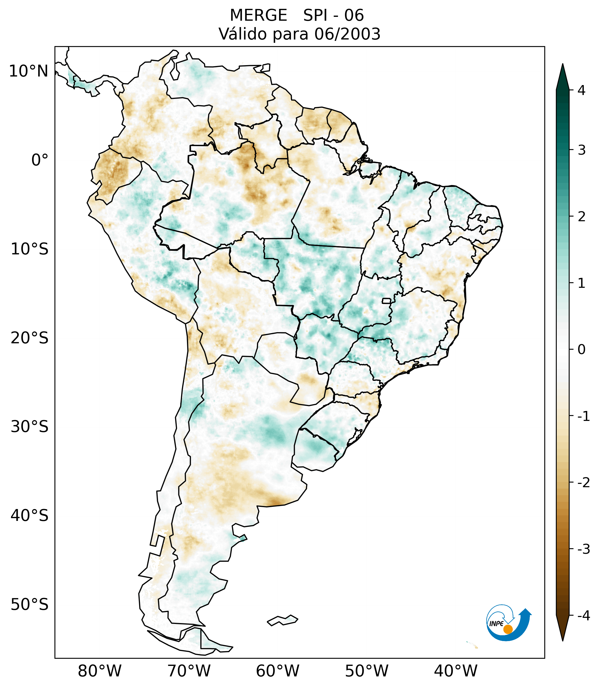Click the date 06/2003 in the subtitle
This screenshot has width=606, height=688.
tap(347, 34)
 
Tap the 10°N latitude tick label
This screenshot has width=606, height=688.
tap(29, 71)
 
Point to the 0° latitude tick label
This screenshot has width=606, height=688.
tap(40, 160)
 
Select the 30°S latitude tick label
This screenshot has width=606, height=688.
tap(30, 426)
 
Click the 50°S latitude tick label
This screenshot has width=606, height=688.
tap(30, 605)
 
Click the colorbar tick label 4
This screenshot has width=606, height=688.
tap(581, 90)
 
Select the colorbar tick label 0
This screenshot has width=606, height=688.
tap(581, 350)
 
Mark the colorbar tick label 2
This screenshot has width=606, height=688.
tap(581, 217)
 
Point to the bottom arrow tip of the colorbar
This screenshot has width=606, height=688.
tap(563, 640)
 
